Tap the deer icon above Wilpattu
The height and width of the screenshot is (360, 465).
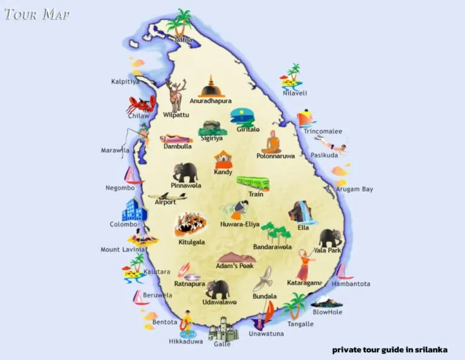coord(176,94)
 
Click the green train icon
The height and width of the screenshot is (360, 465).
coord(252,183)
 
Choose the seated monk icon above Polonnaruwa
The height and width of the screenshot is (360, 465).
coord(272,142)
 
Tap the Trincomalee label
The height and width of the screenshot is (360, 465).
coord(323,131)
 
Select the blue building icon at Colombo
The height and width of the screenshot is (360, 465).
coord(134,211)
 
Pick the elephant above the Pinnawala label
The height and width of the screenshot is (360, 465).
coord(185,172)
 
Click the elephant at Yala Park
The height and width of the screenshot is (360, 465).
coord(331,237)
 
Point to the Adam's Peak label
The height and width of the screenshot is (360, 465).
coord(235,266)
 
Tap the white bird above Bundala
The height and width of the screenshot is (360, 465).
coord(263,280)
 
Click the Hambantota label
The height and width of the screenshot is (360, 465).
coord(351,284)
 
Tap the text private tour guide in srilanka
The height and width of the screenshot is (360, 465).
coord(389,349)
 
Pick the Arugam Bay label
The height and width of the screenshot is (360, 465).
coord(355,189)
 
